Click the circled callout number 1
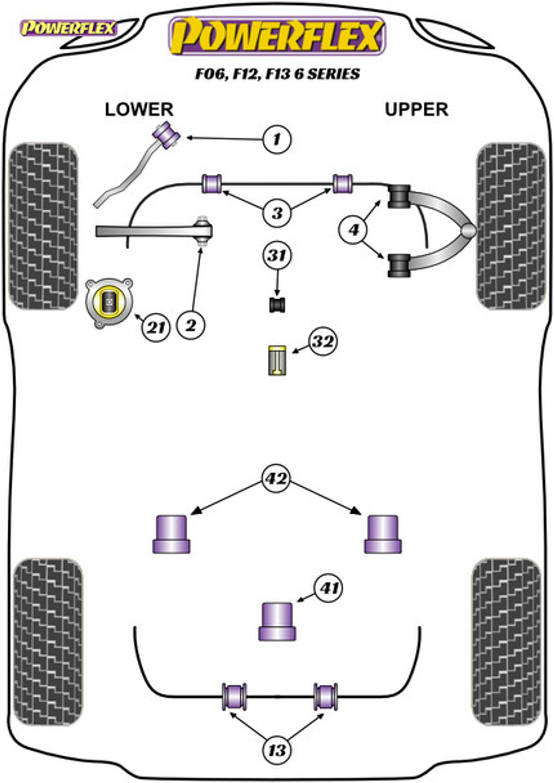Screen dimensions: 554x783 (x=277, y=139)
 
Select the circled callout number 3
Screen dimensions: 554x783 (x=277, y=213)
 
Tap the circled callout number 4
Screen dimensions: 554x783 (x=354, y=230)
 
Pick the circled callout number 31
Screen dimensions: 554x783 (x=277, y=256)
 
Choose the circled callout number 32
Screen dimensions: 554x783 (x=323, y=341)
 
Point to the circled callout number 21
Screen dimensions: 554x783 (x=156, y=328)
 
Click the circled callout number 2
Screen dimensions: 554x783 (x=191, y=326)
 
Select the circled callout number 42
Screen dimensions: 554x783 (x=277, y=478)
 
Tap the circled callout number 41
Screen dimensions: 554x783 (x=329, y=588)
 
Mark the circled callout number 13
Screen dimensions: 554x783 (x=277, y=750)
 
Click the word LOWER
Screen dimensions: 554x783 (x=139, y=109)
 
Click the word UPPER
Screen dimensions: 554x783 (x=416, y=109)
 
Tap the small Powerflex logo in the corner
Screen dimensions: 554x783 (x=68, y=28)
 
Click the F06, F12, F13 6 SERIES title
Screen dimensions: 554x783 (x=277, y=74)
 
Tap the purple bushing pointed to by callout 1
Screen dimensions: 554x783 (x=167, y=135)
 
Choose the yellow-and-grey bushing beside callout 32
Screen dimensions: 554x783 (x=277, y=360)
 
